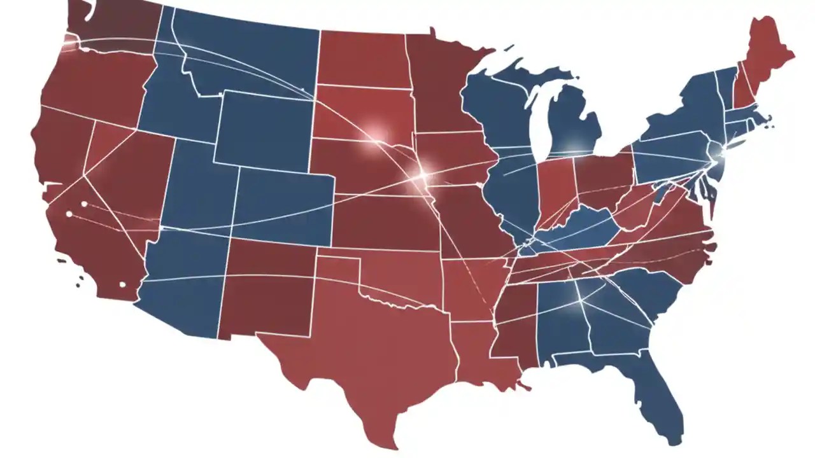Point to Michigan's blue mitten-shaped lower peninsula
coord(573,124)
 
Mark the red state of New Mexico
coord(267,286)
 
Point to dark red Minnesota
coord(439,83)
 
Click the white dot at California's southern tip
coord(122,284)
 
